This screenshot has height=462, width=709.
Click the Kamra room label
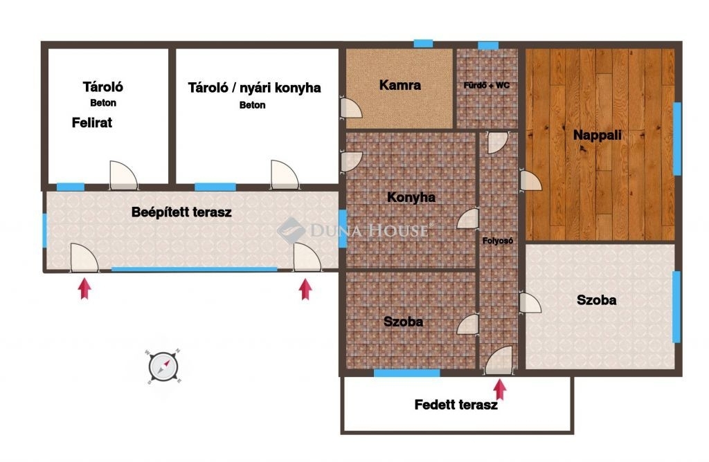[400, 85]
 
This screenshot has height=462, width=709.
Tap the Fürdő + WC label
[487, 85]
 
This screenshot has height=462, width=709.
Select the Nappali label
[597, 135]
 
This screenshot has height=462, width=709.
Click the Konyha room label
[411, 197]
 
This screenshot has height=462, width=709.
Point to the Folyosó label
[497, 241]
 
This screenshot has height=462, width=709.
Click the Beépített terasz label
[181, 212]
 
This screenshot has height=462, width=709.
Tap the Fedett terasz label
[456, 404]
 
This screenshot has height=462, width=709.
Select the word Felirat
[92, 122]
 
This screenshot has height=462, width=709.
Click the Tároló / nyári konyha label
[254, 87]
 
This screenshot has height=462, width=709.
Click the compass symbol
[163, 366]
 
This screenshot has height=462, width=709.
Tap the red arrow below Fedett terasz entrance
[500, 389]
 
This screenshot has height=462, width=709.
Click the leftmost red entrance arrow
[84, 288]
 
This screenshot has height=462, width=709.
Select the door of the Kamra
[351, 108]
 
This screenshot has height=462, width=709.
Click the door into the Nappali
[530, 181]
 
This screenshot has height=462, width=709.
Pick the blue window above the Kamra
[423, 44]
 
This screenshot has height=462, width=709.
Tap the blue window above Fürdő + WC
[488, 45]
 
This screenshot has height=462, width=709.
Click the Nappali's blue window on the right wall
[677, 138]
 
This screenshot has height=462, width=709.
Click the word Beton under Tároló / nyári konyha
[252, 104]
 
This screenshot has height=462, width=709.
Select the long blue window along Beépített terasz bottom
[195, 269]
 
